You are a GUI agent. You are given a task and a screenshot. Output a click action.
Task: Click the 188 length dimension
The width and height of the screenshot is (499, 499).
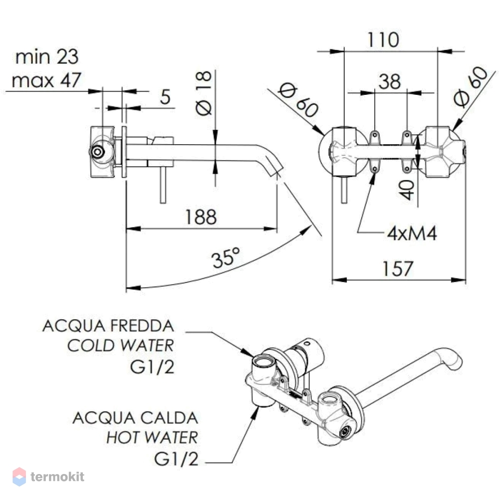pyautogui.click(x=201, y=218)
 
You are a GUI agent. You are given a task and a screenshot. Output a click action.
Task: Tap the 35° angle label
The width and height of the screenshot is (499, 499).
pyautogui.click(x=226, y=257)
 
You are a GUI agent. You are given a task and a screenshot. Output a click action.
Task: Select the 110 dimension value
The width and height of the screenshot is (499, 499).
pyautogui.click(x=383, y=40)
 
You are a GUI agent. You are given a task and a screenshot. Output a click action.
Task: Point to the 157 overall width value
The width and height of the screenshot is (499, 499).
pyautogui.click(x=398, y=268)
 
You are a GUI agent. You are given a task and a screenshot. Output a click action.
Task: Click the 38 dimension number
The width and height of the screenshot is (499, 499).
pyautogui.click(x=390, y=81)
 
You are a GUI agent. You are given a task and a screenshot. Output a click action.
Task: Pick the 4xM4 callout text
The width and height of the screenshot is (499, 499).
pyautogui.click(x=412, y=234)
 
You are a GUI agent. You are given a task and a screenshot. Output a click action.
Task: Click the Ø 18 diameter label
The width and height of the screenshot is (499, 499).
pyautogui.click(x=204, y=93)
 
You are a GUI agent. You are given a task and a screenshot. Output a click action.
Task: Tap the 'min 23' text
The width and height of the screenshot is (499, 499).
pyautogui.click(x=47, y=57)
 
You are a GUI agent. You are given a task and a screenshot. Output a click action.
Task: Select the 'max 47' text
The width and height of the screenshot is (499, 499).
pyautogui.click(x=46, y=80)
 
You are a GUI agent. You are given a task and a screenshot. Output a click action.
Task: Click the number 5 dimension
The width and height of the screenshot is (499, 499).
pyautogui.click(x=165, y=97)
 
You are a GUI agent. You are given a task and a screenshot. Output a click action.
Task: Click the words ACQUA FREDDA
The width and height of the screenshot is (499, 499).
pyautogui.click(x=108, y=326)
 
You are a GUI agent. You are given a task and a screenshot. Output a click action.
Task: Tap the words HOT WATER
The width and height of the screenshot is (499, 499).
pyautogui.click(x=152, y=437)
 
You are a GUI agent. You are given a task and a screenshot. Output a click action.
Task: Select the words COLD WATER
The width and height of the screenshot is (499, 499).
pyautogui.click(x=121, y=346)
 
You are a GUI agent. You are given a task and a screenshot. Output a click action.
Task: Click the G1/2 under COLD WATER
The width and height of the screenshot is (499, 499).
pyautogui.click(x=152, y=367)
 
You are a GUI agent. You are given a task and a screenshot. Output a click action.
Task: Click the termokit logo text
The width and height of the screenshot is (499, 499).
pyautogui.click(x=57, y=477)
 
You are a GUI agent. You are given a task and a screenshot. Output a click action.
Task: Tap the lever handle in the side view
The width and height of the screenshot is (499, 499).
pyautogui.click(x=163, y=185)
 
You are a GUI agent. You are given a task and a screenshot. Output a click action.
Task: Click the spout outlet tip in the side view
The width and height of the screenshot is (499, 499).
pyautogui.click(x=276, y=171)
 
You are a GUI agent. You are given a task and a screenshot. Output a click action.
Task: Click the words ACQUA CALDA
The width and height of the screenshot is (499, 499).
pyautogui.click(x=136, y=418)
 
